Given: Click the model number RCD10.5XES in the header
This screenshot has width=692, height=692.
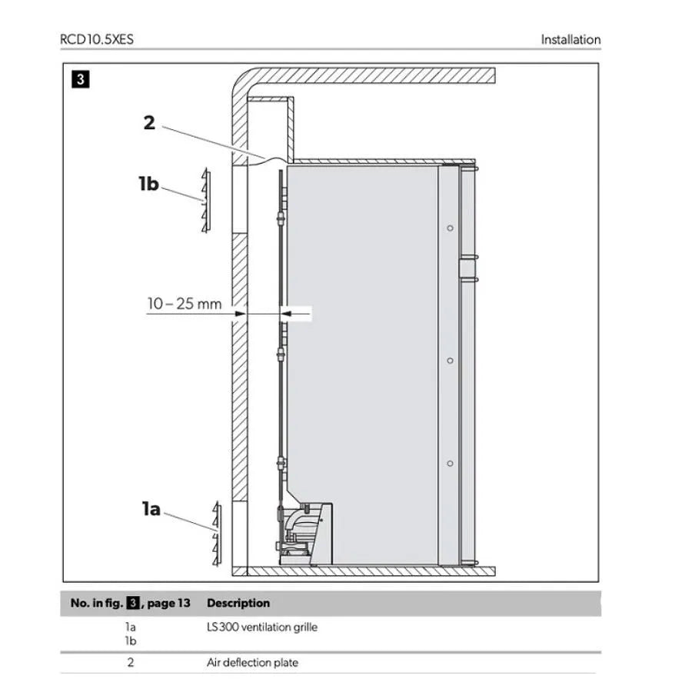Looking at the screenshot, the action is tap(97, 39).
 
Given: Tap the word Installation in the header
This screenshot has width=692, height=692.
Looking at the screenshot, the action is tap(571, 40).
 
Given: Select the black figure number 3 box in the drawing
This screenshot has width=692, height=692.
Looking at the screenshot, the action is tap(80, 79).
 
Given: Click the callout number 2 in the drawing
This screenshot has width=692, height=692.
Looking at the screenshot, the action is tap(150, 122).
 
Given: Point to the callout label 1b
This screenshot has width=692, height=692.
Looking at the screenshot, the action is tap(148, 184).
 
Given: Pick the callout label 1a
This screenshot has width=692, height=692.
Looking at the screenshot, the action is tap(151, 509).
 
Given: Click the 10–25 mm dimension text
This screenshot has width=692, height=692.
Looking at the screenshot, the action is tap(185, 304).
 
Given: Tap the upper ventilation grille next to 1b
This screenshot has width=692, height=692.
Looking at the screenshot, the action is tap(205, 200).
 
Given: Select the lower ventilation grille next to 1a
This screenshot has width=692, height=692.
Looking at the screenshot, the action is tap(216, 534).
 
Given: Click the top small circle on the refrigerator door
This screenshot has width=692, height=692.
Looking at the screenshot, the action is tap(450, 228).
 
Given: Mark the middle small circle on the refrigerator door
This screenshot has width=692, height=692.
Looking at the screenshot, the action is tap(450, 361).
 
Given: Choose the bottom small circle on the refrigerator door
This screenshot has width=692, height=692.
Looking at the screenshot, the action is tap(450, 464).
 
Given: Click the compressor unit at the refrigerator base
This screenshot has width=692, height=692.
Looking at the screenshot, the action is tap(304, 534).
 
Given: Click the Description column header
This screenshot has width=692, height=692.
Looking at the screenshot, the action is tap(238, 603).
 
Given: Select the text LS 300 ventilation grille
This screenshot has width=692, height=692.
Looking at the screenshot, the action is tap(262, 627).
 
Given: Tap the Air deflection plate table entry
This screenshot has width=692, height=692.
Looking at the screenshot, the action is tap(252, 663).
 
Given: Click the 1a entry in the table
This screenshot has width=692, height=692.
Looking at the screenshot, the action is tap(130, 627).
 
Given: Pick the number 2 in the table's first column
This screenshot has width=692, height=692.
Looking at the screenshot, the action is tap(130, 663).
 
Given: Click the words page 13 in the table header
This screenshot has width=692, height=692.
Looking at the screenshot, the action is tap(168, 604).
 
